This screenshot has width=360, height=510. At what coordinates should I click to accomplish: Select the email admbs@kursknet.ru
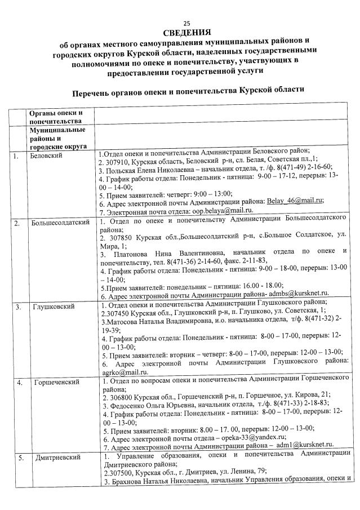pyautogui.click(x=300, y=294)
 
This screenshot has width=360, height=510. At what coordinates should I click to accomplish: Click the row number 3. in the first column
pyautogui.click(x=19, y=307)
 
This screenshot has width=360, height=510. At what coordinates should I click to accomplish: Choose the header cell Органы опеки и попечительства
pyautogui.click(x=56, y=117)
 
